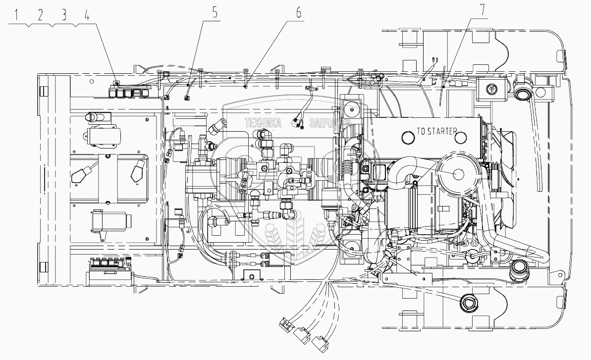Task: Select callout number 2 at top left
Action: (x=40, y=15)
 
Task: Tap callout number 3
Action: (x=63, y=15)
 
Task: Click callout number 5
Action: (x=215, y=13)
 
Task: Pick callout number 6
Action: (x=299, y=13)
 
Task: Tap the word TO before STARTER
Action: (x=422, y=131)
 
